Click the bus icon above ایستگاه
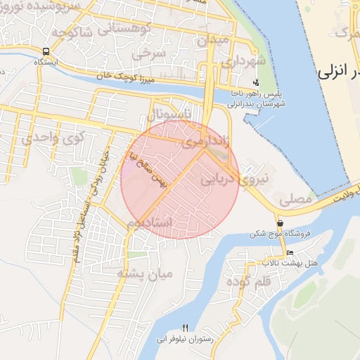(46, 51)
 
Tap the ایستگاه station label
(46, 62)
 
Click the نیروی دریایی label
(236, 179)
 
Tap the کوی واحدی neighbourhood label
(46, 138)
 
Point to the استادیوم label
(150, 222)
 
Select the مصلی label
(295, 200)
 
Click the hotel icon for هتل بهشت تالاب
(290, 253)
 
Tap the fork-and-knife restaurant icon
(186, 327)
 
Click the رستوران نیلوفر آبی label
(186, 338)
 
